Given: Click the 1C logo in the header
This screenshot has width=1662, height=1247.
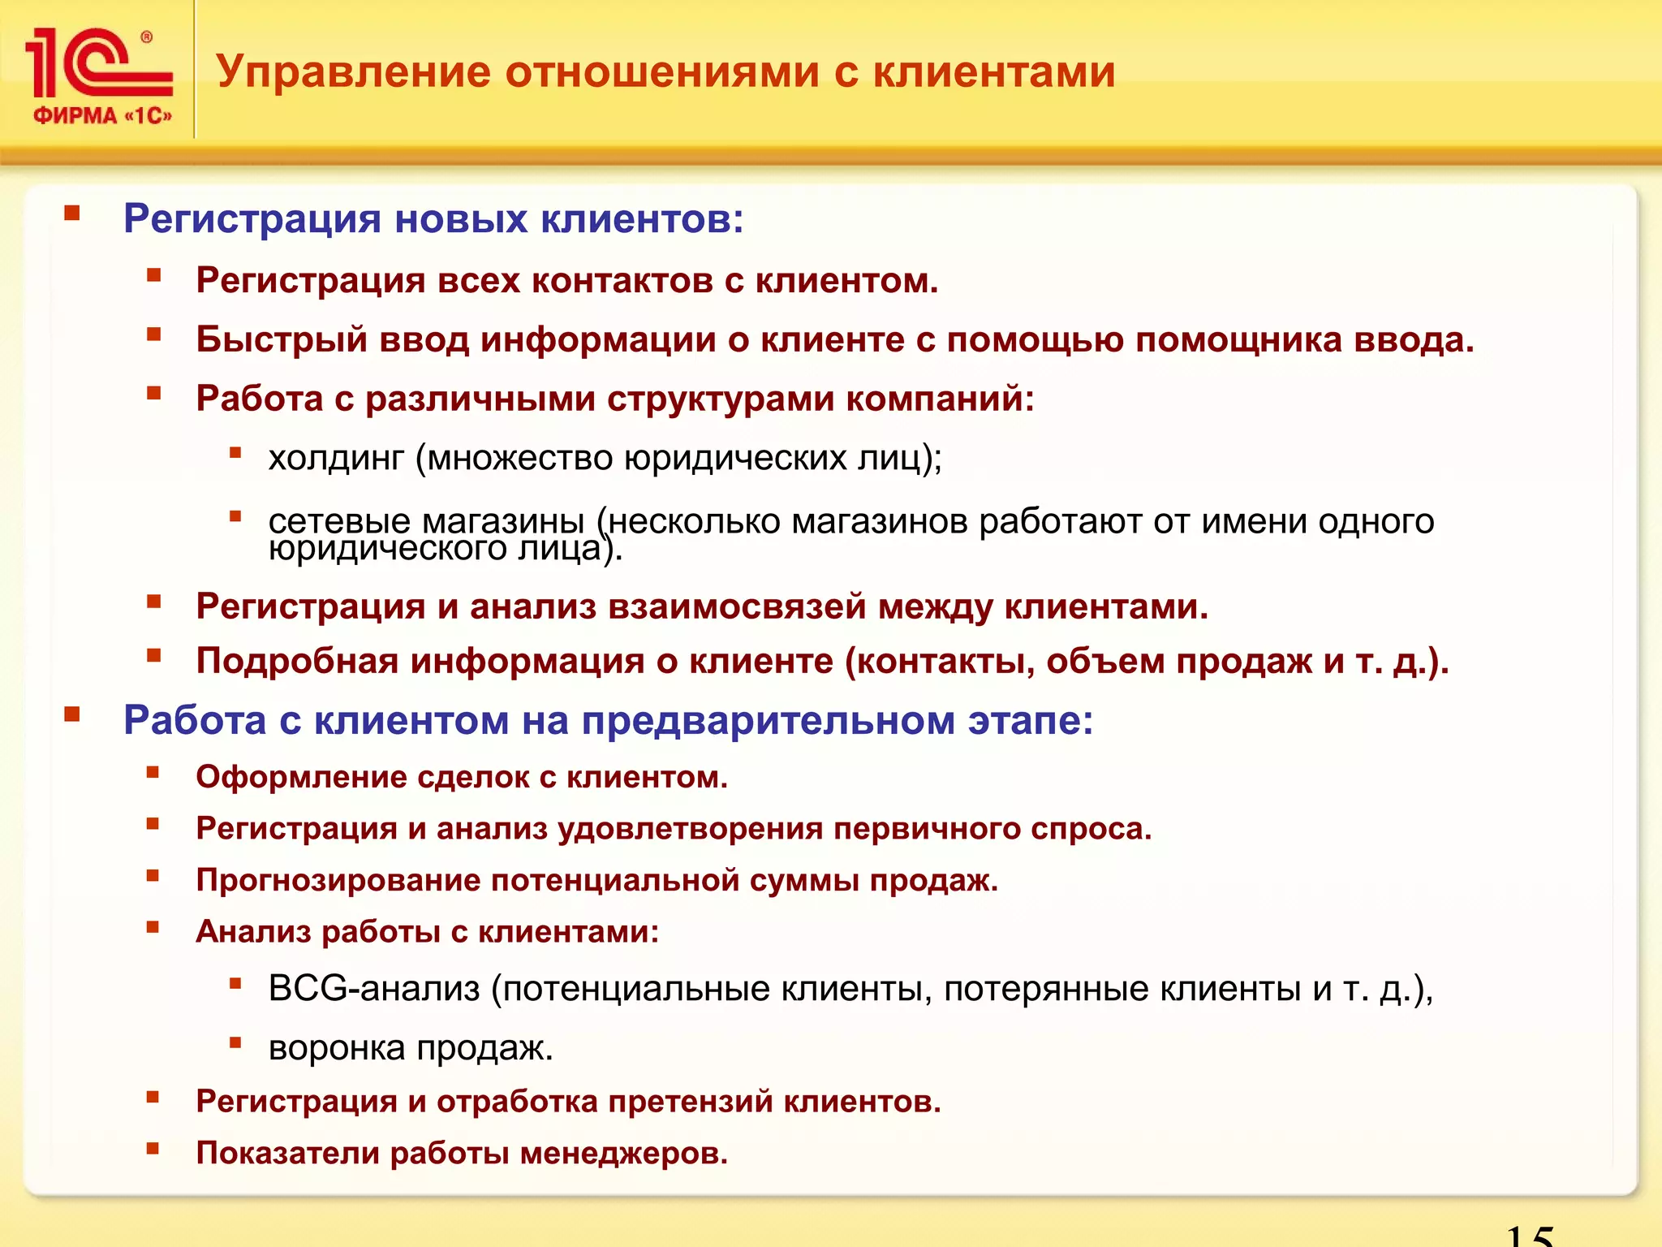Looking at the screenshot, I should pos(97,63).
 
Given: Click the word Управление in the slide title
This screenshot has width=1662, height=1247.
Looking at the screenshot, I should pos(353,71).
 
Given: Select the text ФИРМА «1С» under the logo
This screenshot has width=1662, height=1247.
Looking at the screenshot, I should pos(102,116).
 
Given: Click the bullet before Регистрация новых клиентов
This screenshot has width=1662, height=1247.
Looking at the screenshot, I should pos(72,214).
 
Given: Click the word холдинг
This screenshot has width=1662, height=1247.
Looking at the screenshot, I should pos(335,458).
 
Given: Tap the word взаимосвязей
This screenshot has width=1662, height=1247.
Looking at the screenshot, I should pos(737,606).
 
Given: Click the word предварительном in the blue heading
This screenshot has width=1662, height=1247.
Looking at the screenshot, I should pos(768,720).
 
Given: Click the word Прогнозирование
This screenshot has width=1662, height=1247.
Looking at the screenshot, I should pos(338,880).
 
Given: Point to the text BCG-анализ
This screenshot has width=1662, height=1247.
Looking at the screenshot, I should pos(373,989).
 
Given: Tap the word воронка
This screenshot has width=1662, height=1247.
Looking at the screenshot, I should pos(336,1048).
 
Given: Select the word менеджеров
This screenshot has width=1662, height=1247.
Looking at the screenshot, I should pos(623,1153).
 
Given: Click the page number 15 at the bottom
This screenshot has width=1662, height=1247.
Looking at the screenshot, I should pos(1529,1236).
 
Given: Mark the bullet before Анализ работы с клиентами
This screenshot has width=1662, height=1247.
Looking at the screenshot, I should pos(153,927).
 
